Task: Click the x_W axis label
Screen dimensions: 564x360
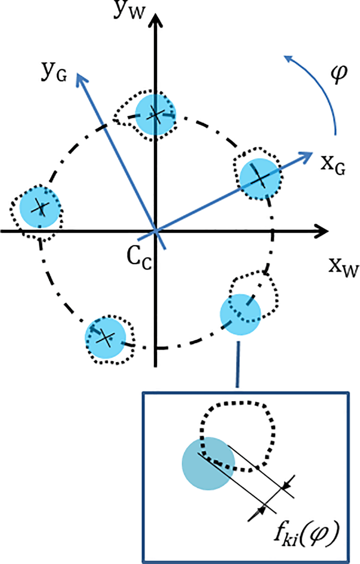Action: click(343, 268)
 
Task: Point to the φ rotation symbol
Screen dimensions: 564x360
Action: click(338, 74)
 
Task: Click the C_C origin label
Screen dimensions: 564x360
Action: click(139, 258)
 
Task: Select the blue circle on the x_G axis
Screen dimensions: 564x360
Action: click(259, 178)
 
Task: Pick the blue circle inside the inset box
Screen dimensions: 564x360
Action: click(208, 463)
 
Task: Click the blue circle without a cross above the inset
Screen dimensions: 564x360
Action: click(240, 314)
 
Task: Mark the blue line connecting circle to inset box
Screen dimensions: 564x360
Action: click(238, 364)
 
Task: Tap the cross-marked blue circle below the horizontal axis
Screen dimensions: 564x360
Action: click(105, 337)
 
